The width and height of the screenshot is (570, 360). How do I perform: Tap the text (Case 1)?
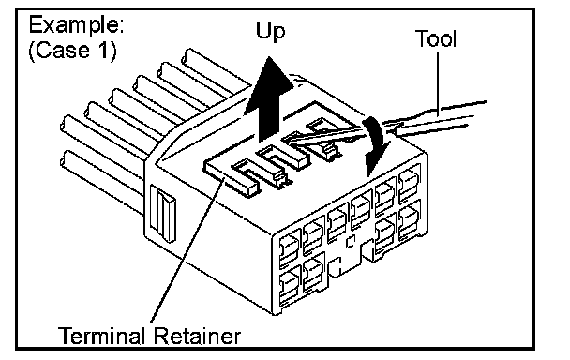point(73,50)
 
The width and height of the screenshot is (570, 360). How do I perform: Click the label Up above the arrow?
point(270,32)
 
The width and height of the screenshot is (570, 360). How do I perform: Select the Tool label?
point(436,38)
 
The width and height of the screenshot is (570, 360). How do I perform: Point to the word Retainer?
point(196,336)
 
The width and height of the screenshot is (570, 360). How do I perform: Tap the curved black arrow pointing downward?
point(376,145)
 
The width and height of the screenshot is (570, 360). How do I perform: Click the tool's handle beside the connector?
point(436,118)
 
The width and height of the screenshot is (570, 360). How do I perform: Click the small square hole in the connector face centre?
point(350,242)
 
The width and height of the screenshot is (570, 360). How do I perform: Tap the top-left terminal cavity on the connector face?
point(290,248)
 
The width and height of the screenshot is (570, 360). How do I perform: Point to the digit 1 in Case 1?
point(103,50)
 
